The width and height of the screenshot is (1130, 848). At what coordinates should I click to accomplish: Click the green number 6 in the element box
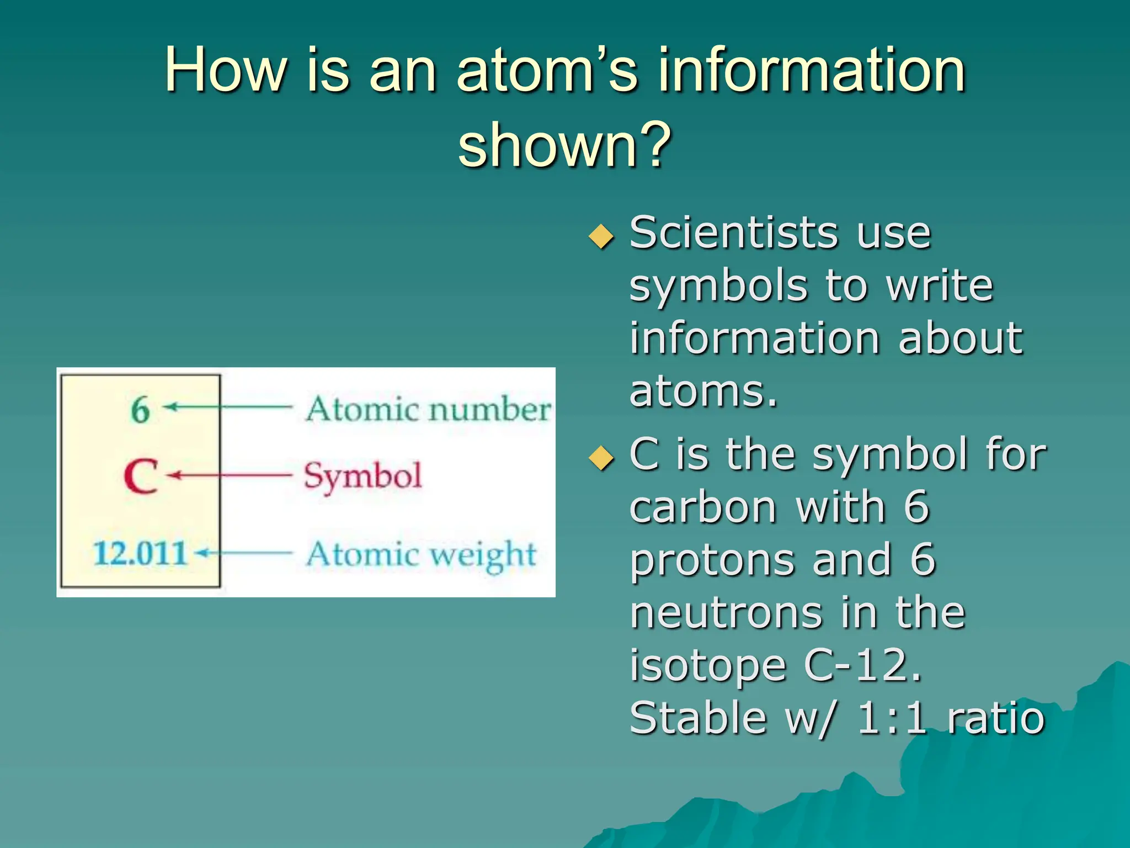click(140, 410)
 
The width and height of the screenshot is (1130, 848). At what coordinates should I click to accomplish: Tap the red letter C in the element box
click(141, 476)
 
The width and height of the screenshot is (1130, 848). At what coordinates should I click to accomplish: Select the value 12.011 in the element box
click(140, 553)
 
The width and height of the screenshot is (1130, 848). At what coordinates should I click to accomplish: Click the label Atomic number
click(428, 410)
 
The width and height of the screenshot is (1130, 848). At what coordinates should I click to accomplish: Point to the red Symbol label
click(363, 476)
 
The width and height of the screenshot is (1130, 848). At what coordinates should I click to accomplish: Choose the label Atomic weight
click(421, 554)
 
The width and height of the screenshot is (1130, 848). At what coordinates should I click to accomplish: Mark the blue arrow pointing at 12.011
click(245, 552)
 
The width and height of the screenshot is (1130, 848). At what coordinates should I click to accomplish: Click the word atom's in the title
click(547, 70)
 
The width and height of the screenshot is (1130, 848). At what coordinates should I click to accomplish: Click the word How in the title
click(226, 70)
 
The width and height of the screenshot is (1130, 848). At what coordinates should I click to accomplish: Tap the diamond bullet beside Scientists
click(601, 237)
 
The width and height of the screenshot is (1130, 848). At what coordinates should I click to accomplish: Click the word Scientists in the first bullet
click(733, 233)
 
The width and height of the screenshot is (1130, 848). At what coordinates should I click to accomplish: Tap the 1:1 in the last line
click(891, 718)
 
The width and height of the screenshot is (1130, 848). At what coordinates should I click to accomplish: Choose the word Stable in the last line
click(697, 718)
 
